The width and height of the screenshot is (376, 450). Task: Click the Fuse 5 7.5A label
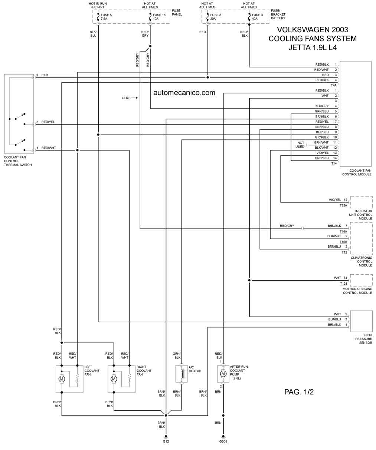(106, 17)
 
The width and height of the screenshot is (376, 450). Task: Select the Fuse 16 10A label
(159, 17)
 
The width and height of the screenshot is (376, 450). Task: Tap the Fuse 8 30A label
(216, 17)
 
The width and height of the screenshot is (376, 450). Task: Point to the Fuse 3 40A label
(257, 17)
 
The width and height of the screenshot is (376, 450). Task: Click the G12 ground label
(166, 441)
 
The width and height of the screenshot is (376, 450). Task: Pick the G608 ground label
(223, 441)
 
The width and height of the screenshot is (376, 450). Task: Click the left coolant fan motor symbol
(62, 379)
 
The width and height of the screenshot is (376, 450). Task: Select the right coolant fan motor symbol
(114, 379)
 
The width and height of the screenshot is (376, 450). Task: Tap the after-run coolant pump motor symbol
(223, 374)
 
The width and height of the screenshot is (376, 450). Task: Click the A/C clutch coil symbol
(182, 374)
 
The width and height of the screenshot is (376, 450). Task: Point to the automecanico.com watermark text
(184, 93)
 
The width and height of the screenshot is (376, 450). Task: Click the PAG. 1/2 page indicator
(299, 392)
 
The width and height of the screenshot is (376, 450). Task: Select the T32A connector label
(343, 205)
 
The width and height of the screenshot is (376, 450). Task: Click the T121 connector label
(343, 284)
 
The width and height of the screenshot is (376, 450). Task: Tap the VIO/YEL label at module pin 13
(323, 153)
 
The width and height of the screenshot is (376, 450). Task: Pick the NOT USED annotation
(300, 145)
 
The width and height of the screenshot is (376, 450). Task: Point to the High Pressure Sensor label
(364, 339)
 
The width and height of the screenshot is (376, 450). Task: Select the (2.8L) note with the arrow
(130, 98)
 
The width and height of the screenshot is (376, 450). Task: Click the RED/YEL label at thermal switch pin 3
(48, 122)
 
